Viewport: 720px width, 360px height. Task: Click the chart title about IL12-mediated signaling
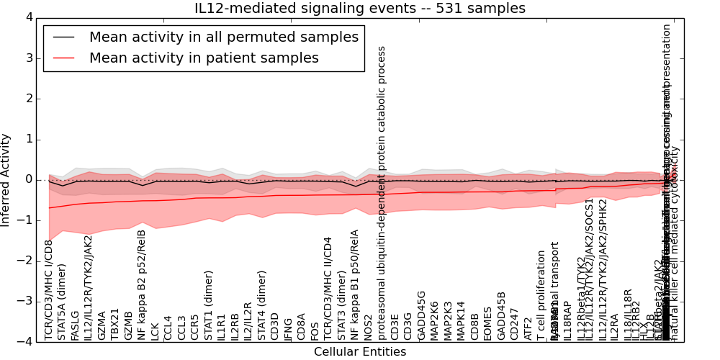pyautogui.click(x=360, y=9)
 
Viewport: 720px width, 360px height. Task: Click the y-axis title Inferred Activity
pyautogui.click(x=6, y=179)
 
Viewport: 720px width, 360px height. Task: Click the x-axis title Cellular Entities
pyautogui.click(x=360, y=352)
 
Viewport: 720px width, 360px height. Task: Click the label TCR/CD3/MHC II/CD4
pyautogui.click(x=328, y=288)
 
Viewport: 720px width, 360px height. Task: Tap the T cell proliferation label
pyautogui.click(x=541, y=295)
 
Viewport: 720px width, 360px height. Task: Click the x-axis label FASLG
pyautogui.click(x=75, y=325)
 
